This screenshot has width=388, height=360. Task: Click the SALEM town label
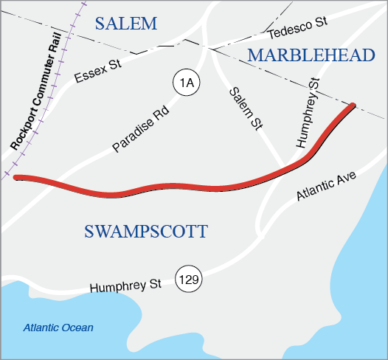tap(127, 24)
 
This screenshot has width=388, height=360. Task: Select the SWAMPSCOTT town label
tap(145, 232)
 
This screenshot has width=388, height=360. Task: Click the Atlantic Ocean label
tap(58, 328)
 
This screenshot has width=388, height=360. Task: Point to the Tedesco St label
tap(297, 30)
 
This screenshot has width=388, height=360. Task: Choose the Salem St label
tap(246, 108)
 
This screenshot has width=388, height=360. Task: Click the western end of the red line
tap(16, 178)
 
